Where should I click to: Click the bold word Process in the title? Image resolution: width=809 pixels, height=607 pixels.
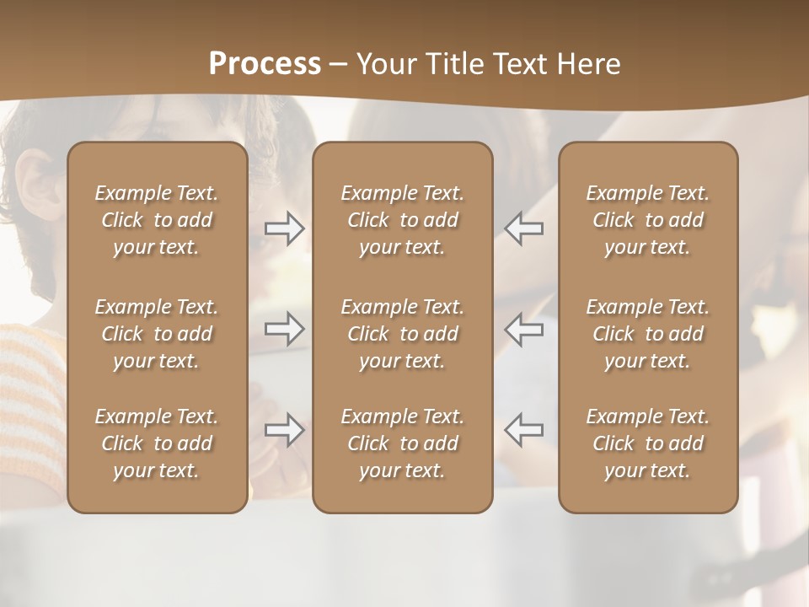click(x=265, y=64)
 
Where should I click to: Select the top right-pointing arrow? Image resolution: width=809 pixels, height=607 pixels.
click(x=285, y=228)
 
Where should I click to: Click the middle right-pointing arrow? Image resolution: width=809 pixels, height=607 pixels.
click(x=285, y=328)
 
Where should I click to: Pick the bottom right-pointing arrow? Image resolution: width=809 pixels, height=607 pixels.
click(x=285, y=430)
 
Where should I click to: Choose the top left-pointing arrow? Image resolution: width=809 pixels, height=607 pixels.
click(x=524, y=228)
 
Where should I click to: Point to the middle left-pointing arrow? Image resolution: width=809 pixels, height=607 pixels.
click(x=524, y=328)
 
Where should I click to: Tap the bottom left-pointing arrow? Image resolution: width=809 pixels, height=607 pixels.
click(x=524, y=430)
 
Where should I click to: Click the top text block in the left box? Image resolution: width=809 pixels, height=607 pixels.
click(x=157, y=220)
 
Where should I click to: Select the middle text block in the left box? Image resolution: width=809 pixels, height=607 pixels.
click(x=157, y=334)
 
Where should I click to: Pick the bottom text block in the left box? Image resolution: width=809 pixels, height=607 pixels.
click(x=157, y=443)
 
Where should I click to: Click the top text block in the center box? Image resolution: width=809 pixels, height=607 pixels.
click(x=402, y=220)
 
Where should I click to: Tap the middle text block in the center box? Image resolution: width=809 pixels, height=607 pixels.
click(x=402, y=334)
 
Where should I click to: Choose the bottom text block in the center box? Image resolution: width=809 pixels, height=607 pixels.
click(x=402, y=443)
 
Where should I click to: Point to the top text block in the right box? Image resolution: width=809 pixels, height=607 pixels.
click(x=647, y=220)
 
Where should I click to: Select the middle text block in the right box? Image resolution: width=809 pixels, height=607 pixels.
click(x=647, y=334)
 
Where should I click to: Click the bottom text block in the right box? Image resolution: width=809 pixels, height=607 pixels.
click(x=647, y=443)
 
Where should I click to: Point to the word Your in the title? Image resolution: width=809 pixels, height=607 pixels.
click(x=383, y=64)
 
